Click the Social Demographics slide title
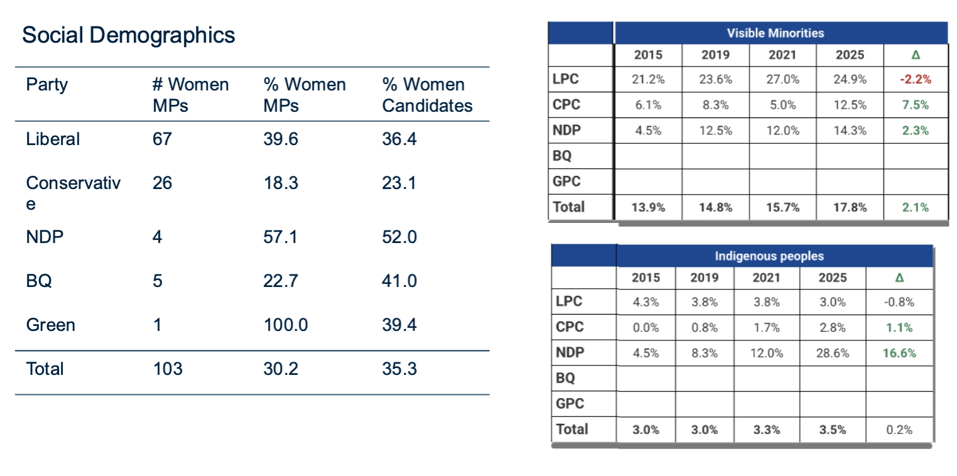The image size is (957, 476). click(129, 35)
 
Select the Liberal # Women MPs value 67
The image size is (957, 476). click(162, 139)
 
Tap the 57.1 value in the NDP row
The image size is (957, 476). click(279, 237)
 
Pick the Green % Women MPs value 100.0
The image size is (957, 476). click(286, 325)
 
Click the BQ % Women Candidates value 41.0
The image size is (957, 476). click(399, 281)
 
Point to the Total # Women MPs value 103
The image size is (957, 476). click(168, 369)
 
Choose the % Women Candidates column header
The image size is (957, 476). click(427, 95)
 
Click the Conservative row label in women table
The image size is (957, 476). click(73, 192)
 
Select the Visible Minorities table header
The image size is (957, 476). click(776, 33)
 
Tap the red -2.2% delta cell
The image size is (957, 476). click(915, 79)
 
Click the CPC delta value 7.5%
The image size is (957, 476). click(915, 105)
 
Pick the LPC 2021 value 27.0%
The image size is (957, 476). click(782, 79)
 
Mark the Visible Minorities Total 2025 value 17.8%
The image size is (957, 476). click(850, 207)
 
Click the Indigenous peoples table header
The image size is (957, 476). click(769, 256)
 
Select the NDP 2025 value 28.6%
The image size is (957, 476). click(832, 353)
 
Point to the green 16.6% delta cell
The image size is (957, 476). click(899, 353)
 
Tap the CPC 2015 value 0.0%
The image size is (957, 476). click(646, 327)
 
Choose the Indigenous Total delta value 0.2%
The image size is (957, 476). click(899, 430)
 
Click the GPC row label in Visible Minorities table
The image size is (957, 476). click(566, 181)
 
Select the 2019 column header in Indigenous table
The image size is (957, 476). click(705, 278)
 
